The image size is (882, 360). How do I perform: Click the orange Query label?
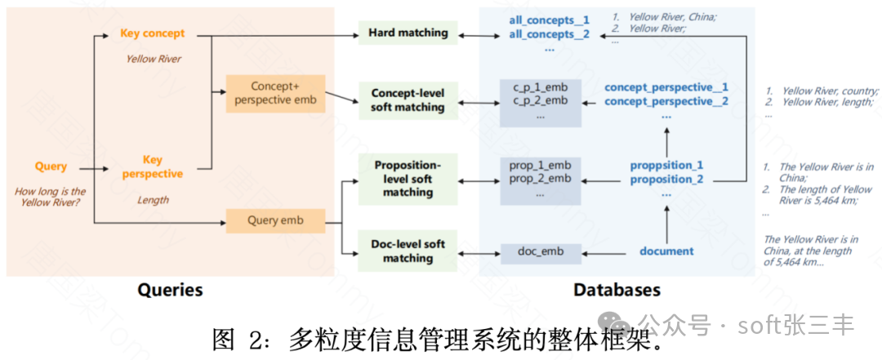click(51, 167)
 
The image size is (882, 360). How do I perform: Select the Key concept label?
click(153, 33)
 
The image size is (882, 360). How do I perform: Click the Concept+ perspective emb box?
click(276, 93)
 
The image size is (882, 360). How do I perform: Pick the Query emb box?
click(275, 220)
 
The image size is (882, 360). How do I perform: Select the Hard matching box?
click(408, 33)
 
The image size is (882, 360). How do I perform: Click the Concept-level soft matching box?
click(408, 100)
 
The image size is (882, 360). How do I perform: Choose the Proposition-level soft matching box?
click(408, 179)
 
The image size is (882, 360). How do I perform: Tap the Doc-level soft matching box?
click(408, 251)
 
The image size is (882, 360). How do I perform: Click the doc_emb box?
click(541, 251)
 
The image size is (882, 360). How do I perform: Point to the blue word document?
click(666, 251)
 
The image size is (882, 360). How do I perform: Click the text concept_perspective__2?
click(666, 101)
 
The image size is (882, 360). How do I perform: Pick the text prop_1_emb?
click(540, 165)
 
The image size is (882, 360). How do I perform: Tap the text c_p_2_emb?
click(540, 100)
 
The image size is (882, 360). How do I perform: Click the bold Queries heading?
click(170, 290)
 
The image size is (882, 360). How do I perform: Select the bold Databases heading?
click(617, 290)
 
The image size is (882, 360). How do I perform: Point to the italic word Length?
click(153, 200)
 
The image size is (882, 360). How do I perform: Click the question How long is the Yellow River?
click(51, 198)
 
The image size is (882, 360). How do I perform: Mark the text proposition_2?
click(666, 180)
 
